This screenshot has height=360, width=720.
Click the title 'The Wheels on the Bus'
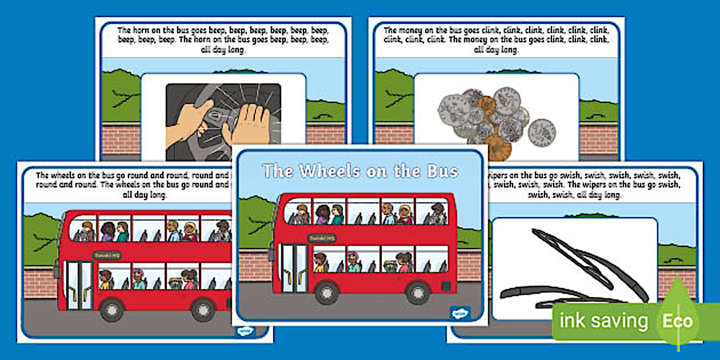coord(360,171)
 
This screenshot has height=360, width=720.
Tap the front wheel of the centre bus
coord(327,293)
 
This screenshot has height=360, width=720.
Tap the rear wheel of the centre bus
coord(418,293)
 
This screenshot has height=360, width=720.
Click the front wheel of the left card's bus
coord(111,310)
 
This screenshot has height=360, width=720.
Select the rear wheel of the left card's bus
coord(203,310)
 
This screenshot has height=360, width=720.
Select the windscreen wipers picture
coord(571,269)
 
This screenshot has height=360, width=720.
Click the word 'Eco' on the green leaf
coord(677,320)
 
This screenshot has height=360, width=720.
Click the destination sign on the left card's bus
coord(107,255)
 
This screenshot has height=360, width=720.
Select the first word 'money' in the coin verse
coord(417,30)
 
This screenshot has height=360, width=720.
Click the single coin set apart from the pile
coord(542,133)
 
